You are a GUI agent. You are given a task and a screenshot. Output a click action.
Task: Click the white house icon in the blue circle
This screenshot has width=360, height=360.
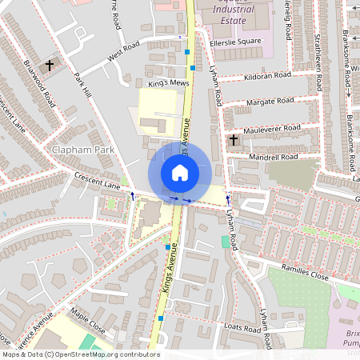point(180,172)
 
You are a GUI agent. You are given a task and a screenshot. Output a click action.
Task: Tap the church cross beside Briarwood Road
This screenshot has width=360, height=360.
point(50,64)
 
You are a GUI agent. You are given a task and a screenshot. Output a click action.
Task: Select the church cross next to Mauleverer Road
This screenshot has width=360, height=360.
point(233,140)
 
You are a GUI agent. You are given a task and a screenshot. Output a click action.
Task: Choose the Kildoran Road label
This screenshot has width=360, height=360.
point(270,77)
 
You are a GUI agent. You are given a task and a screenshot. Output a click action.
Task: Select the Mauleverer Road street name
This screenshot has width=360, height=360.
point(272,128)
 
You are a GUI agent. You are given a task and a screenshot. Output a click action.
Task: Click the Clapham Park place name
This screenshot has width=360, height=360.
point(82,150)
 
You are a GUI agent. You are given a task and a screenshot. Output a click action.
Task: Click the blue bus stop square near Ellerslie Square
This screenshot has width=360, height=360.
point(187,52)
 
